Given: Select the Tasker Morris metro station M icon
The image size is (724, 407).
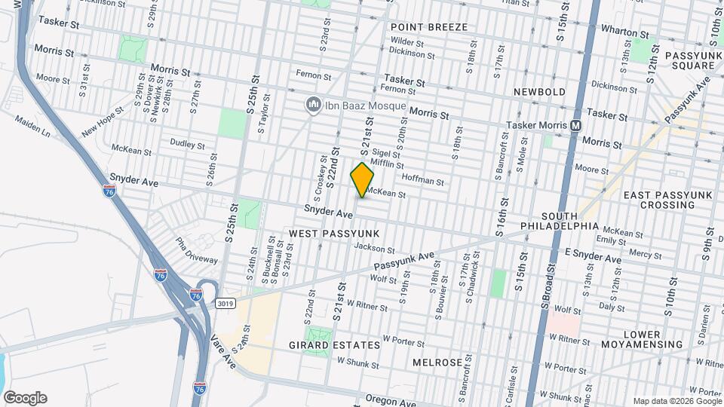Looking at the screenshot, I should click(575, 125).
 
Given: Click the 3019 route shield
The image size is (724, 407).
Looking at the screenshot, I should click(225, 304).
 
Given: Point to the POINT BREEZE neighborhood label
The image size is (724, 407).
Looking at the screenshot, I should click(429, 27).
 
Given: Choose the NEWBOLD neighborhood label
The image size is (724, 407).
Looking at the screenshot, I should click(539, 92).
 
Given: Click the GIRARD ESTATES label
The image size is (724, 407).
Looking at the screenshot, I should click(335, 345).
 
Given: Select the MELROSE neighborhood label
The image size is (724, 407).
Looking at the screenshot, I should click(437, 363).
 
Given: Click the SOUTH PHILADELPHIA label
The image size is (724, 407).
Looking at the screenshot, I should click(560, 221).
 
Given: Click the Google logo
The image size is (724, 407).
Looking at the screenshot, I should click(25, 398).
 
